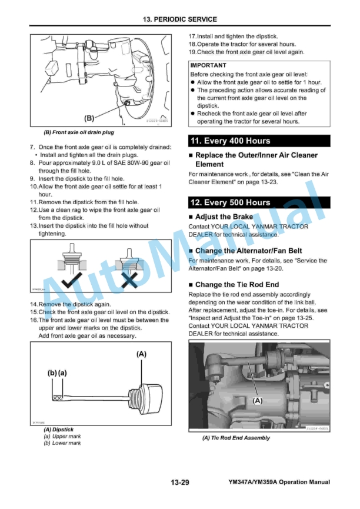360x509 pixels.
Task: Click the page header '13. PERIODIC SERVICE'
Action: click(x=179, y=19)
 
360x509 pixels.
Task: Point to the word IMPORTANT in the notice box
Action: click(x=208, y=65)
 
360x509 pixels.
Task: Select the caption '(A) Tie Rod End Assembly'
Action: click(x=236, y=438)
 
